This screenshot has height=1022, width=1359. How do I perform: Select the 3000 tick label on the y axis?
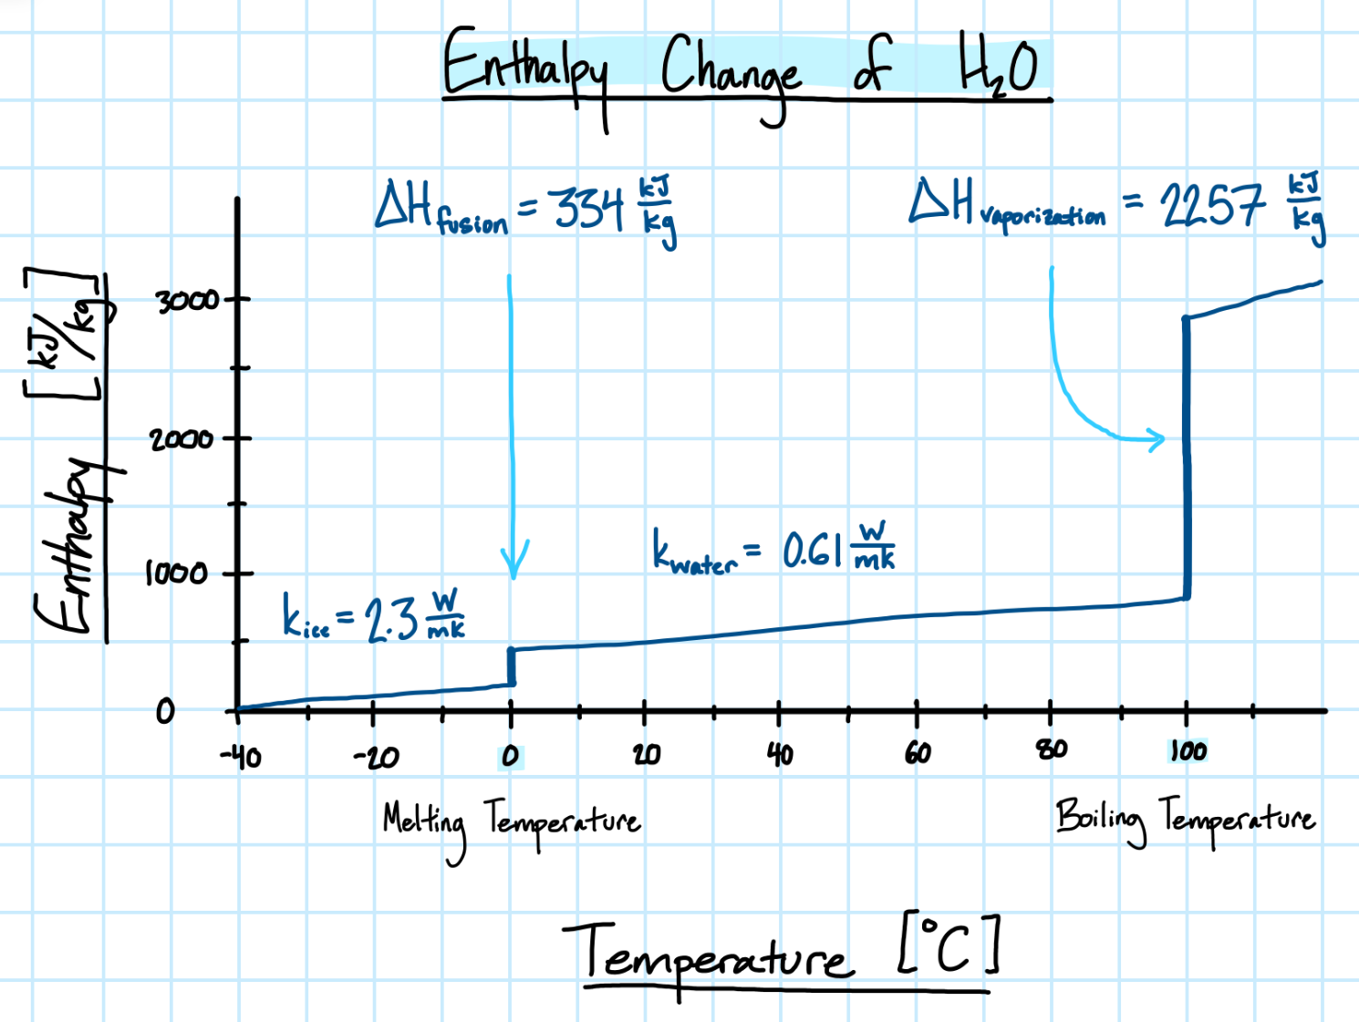coord(187,300)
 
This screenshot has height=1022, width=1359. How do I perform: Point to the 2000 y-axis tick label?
coord(182,439)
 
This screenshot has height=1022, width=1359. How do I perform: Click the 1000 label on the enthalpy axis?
coord(177,573)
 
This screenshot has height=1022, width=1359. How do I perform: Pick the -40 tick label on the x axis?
coord(241,757)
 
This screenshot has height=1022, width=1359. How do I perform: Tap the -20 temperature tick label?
coord(376,757)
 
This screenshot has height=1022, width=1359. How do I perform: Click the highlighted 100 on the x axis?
coord(1188,751)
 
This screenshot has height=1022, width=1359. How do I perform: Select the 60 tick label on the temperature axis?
coord(918,753)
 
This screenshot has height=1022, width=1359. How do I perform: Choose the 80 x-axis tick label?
coord(1052,750)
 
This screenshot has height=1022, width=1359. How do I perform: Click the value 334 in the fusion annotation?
coord(589,208)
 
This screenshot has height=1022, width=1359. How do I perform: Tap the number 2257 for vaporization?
coord(1212,204)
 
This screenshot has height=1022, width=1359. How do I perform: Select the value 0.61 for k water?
coord(812,551)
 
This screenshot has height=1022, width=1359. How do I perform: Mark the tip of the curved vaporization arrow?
coord(1163,440)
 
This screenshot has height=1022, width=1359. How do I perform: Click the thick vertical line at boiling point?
coord(1187,456)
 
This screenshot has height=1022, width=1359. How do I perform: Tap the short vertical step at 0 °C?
coord(512,666)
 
